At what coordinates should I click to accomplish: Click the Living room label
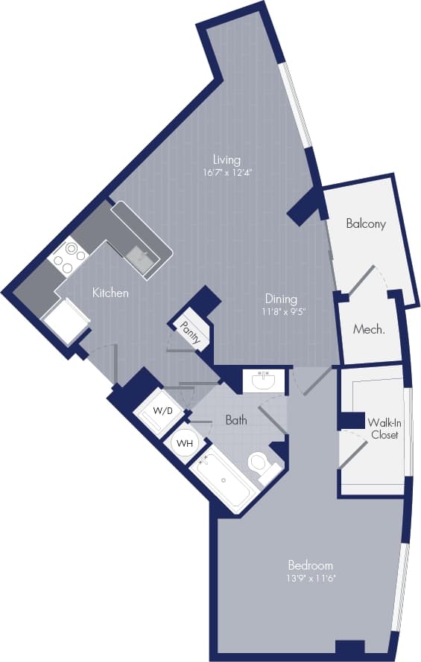click(x=227, y=159)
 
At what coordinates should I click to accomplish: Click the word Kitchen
click(x=110, y=293)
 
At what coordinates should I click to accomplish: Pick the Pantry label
click(x=191, y=332)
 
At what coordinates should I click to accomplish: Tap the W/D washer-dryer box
click(x=162, y=411)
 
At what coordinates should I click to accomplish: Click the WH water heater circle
click(x=183, y=443)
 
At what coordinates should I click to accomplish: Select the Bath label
click(x=236, y=420)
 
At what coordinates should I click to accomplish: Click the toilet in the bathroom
click(x=260, y=463)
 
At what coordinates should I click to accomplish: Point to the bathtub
click(x=223, y=480)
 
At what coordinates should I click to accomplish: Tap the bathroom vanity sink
click(x=264, y=381)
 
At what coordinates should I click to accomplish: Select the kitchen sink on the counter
click(x=138, y=258)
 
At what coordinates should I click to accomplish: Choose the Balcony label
click(x=366, y=223)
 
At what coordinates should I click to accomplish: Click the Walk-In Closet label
click(x=382, y=428)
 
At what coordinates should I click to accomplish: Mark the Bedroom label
click(x=310, y=564)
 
